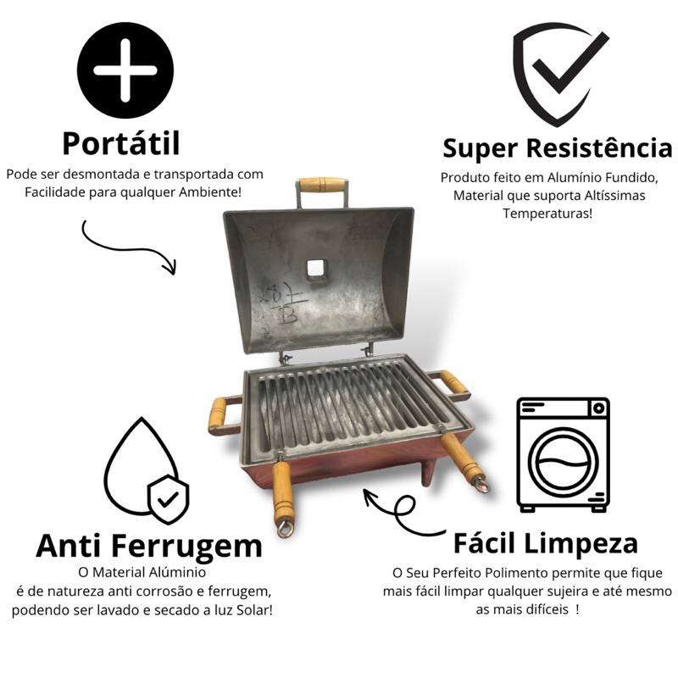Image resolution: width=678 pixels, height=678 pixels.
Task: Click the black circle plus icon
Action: pos(125,70)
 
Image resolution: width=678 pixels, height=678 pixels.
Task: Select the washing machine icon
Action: pos(564,455)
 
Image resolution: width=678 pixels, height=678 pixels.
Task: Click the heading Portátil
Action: pos(121,144)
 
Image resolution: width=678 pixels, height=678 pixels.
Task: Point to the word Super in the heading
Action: pos(481,148)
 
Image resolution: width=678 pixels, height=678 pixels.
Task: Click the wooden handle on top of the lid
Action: pos(323,185)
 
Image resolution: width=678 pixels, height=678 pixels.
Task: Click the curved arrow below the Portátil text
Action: pos(123,247)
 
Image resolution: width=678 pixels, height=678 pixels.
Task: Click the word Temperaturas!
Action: pos(547,214)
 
